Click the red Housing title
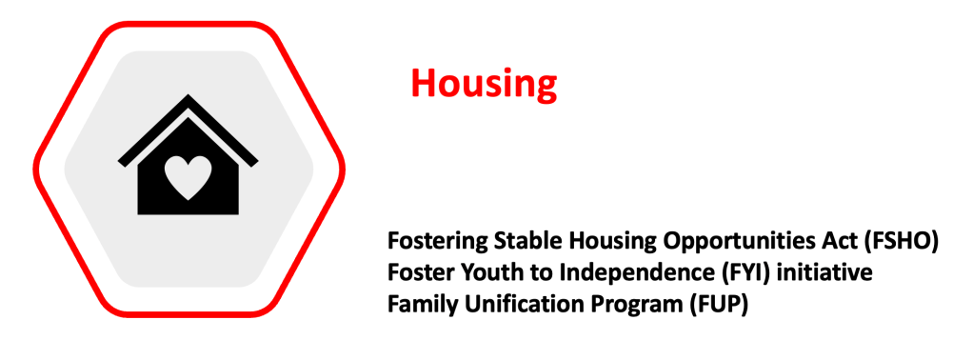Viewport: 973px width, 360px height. pyautogui.click(x=484, y=83)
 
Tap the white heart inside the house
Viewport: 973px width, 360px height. pyautogui.click(x=188, y=177)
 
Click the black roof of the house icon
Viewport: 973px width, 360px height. pyautogui.click(x=188, y=130)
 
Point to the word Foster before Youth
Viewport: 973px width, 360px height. pyautogui.click(x=418, y=272)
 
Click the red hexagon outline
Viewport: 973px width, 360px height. pyautogui.click(x=36, y=168)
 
